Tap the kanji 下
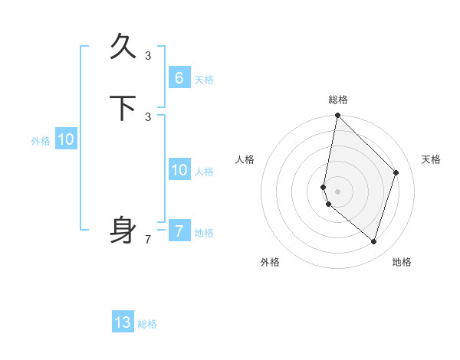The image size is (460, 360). pos(123,108)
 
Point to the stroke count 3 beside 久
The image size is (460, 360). pos(148,55)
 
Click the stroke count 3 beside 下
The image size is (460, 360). pos(148,116)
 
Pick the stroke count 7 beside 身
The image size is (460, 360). pos(148,240)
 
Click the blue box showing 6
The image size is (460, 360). pos(179,78)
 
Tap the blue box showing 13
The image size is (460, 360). pos(123,322)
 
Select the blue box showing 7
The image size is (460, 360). pos(179,231)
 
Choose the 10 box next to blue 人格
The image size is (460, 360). pos(179,170)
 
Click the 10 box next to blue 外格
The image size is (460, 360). pos(66,139)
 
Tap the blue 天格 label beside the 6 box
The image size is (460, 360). pos(204,80)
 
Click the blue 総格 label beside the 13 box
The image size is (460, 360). pos(147,324)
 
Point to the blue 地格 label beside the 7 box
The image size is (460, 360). pos(204,233)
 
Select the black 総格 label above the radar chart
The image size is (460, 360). pos(337,100)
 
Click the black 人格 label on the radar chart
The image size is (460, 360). pos(245,159)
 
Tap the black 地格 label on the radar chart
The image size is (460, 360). pos(402,262)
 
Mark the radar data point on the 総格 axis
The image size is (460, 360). pos(337,115)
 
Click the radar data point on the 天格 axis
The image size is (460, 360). pos(396,172)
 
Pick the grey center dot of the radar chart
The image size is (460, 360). pos(337,191)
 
